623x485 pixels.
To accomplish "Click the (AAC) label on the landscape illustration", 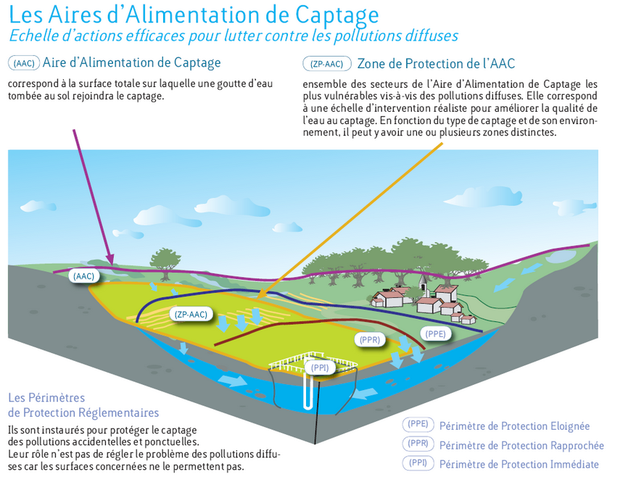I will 83,276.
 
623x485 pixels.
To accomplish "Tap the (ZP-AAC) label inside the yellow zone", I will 191,314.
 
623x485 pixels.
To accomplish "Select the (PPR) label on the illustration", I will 371,339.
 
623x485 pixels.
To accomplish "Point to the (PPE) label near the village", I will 435,333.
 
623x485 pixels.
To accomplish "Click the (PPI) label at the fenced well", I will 319,368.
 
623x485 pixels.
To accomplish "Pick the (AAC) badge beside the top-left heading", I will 24,64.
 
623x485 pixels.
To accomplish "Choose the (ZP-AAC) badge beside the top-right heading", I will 326,64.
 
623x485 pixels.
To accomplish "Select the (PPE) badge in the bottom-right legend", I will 418,426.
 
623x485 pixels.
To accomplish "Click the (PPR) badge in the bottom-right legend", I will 418,444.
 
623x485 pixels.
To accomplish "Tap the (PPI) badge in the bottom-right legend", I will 418,463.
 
